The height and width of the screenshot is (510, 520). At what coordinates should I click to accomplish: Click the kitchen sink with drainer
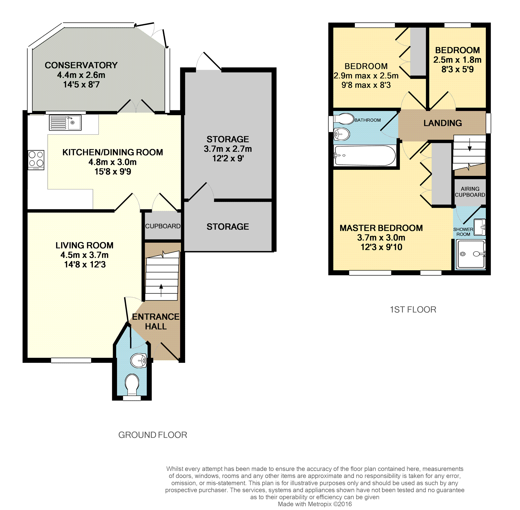(65, 123)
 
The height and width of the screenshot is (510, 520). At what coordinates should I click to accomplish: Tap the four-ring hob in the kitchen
(36, 160)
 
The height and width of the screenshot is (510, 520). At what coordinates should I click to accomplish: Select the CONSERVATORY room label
(81, 65)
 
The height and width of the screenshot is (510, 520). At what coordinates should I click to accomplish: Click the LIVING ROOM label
(84, 245)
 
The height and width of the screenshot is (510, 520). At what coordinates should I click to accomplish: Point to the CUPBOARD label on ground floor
(163, 226)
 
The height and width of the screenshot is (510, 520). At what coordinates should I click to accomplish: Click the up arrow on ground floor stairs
(161, 290)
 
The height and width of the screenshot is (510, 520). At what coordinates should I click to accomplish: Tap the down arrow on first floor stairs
(469, 145)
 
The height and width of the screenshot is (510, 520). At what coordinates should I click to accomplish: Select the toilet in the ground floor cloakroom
(132, 384)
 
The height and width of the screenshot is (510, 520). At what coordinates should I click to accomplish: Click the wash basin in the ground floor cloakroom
(139, 360)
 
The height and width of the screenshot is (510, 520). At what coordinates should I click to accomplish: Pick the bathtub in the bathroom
(365, 156)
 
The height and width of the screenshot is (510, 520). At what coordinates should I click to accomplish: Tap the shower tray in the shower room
(471, 254)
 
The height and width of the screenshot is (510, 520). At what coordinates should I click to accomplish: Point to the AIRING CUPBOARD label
(470, 192)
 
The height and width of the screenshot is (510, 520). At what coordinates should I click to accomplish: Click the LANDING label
(443, 123)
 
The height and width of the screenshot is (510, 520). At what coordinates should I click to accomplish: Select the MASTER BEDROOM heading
(381, 228)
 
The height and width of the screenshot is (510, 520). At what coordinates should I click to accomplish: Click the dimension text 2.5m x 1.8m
(457, 60)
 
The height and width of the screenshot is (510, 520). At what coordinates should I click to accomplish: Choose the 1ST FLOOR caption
(413, 309)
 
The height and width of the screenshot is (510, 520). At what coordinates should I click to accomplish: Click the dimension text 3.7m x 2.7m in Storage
(228, 149)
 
